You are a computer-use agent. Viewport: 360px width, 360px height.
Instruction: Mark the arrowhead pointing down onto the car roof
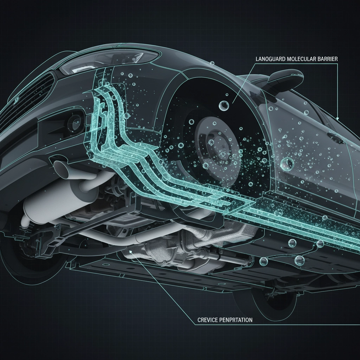pyautogui.click(x=337, y=118)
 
